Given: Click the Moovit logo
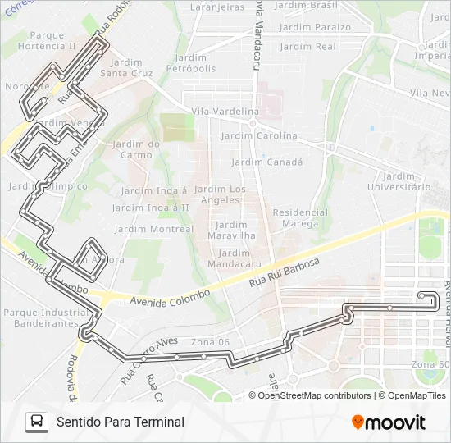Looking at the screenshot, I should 389,422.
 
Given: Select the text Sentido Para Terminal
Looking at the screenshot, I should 121,422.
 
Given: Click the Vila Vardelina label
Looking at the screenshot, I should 224,111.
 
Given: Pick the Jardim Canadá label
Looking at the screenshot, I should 267,162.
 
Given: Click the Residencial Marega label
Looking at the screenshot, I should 300,217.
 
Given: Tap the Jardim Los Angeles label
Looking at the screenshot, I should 220,194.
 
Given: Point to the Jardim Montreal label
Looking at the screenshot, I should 153,229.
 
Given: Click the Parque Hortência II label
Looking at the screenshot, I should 52,41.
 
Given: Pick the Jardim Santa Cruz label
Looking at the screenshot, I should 126,67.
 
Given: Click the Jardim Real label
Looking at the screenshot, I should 308,47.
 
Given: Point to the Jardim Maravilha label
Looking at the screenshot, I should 233,230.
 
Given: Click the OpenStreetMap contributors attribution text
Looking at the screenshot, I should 315,395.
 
